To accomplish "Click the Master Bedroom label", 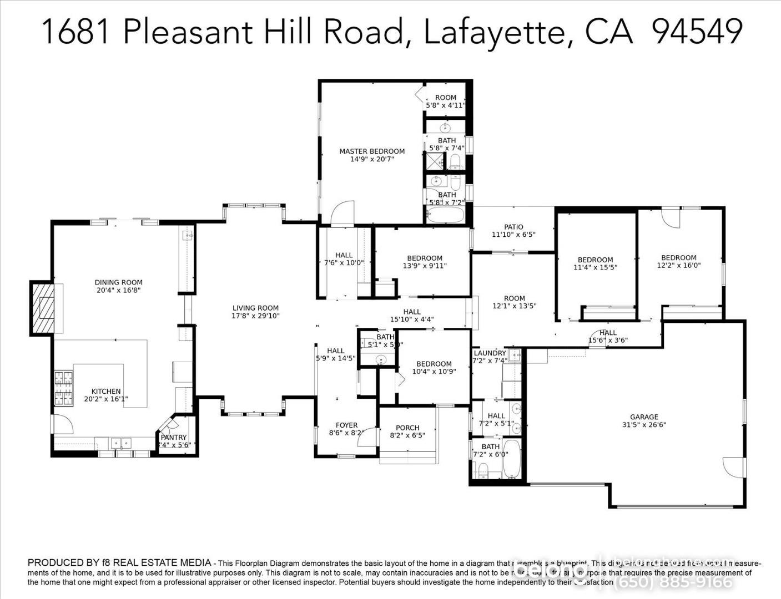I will click(372, 151).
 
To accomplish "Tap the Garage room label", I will click(644, 417).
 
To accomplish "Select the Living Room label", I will click(255, 308).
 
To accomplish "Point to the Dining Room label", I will click(118, 283).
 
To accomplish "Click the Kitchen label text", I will click(106, 392).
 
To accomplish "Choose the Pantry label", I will click(174, 438).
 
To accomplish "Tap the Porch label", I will click(407, 428).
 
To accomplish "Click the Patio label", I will click(513, 227).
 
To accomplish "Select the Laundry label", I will click(490, 353).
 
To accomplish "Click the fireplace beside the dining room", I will click(43, 308).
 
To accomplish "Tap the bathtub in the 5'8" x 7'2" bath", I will click(445, 215).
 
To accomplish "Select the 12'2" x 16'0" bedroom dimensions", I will click(678, 266).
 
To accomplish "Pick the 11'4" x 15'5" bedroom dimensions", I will click(595, 267).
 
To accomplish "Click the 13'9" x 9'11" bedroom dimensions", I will click(425, 266).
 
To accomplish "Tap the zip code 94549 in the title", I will click(697, 32).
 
